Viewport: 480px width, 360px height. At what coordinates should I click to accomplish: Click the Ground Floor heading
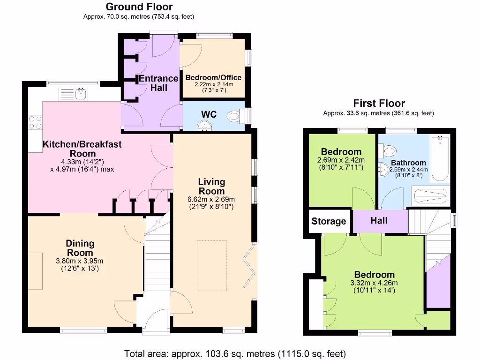coord(139,7)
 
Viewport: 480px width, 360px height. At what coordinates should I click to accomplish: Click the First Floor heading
coord(379,104)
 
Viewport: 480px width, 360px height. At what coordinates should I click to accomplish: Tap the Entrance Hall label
coord(158,83)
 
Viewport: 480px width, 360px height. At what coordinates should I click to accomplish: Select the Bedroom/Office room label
coord(213,78)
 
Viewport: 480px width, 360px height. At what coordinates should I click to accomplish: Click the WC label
coord(209,114)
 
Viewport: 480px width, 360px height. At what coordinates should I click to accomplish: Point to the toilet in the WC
coord(234,115)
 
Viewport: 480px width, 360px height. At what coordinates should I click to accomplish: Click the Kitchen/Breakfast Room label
coord(82,149)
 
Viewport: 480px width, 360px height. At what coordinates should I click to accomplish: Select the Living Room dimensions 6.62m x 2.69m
coord(211,199)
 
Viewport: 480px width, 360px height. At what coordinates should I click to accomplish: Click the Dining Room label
coord(80,247)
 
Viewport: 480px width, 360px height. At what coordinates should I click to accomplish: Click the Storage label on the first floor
coord(329,221)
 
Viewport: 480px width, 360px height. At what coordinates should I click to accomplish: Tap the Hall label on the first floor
coord(379,220)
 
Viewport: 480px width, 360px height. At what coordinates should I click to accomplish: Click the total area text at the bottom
coord(235,353)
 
